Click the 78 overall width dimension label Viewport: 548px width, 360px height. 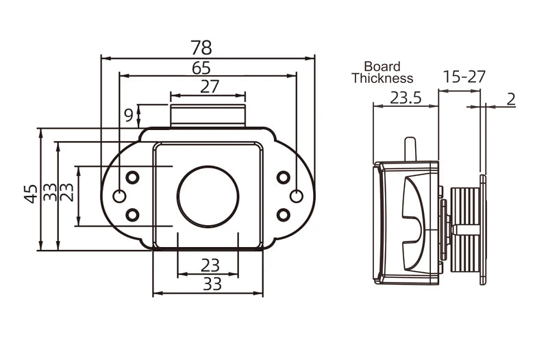point(201,48)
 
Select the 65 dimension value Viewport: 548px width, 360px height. point(201,68)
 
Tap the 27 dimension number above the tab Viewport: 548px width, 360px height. point(209,87)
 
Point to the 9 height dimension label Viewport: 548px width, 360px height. point(129,115)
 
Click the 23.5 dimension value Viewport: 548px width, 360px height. point(406,97)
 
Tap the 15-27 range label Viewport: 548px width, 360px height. point(464,77)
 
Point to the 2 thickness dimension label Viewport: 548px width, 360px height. point(511,99)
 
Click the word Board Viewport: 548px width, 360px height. point(382,67)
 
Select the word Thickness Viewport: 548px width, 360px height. point(382,78)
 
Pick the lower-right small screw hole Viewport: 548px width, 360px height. point(282,215)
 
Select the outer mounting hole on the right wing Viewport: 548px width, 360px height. point(296,197)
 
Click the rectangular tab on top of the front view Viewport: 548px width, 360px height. point(208,116)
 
